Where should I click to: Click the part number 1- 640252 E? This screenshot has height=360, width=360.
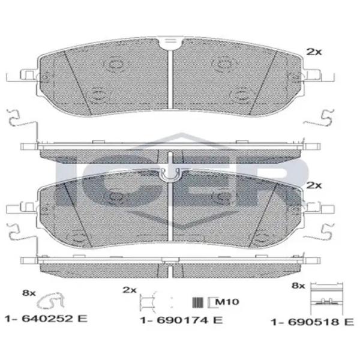(x=46, y=319)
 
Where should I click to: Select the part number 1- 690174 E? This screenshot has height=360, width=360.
(x=181, y=320)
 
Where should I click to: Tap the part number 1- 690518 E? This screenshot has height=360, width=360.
(x=313, y=322)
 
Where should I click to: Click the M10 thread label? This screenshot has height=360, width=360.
(x=227, y=301)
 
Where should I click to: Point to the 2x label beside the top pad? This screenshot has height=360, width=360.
(x=314, y=52)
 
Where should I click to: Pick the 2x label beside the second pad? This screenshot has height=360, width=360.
(x=314, y=185)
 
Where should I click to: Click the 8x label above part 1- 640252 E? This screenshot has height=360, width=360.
(x=29, y=293)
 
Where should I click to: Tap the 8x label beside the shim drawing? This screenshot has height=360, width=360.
(x=298, y=286)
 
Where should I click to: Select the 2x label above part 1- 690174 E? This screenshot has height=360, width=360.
(x=130, y=290)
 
